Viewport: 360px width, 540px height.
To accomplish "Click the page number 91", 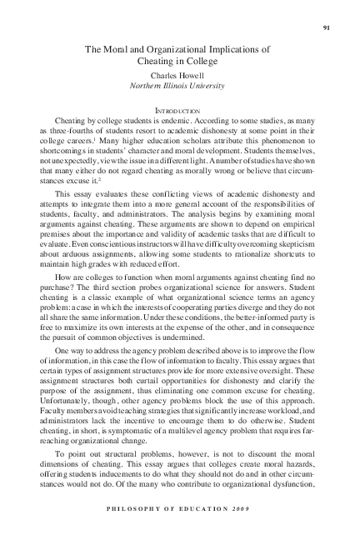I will click(x=327, y=28).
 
